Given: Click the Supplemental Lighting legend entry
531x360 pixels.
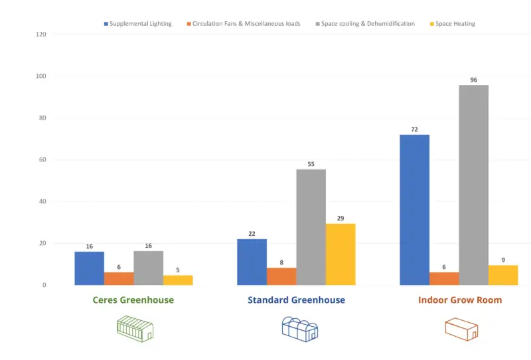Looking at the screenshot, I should coord(137,24).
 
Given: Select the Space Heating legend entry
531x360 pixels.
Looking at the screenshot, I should coord(451,24).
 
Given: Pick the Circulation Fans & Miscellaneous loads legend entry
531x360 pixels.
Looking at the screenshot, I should coord(243,24).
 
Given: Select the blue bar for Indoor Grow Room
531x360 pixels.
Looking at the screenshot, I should coord(414,210).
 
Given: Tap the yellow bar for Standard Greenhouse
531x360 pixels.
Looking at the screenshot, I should coord(341,254).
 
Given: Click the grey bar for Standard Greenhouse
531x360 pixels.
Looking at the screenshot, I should coord(311,227).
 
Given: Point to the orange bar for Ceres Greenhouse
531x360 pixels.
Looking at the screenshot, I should coord(119,278).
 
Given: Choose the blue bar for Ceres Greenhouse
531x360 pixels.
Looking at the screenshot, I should coord(89,268).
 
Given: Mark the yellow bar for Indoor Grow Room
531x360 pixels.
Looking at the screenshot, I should coord(503,275).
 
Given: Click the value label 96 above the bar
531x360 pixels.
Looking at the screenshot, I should coord(473,80).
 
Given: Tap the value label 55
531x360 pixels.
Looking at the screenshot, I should coord(311,163).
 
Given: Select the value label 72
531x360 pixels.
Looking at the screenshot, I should coord(414,130).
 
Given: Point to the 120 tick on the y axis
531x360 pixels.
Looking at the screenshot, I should coord(40,35).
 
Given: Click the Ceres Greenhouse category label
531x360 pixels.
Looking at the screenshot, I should coord(133,300).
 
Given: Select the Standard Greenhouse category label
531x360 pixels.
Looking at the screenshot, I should coord(296,300).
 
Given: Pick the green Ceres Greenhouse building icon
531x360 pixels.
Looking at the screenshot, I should coord(135,328).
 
